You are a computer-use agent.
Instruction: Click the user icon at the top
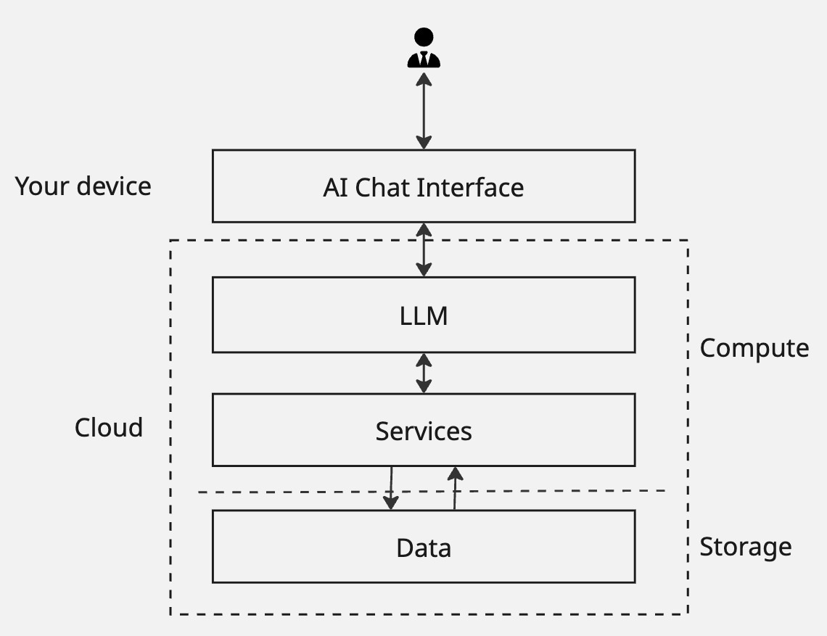pos(424,49)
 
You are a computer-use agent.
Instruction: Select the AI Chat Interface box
pos(424,186)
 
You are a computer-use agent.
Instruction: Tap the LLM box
pos(424,315)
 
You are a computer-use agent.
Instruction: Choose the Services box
pos(424,431)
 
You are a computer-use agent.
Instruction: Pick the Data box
pos(424,547)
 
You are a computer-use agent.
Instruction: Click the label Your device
pos(83,186)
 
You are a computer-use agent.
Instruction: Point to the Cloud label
pos(109,427)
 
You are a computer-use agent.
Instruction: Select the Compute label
pos(754,348)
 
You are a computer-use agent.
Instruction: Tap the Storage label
pos(745,546)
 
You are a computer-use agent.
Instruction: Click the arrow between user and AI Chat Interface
pos(424,110)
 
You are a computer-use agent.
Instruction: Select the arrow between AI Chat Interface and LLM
pos(424,249)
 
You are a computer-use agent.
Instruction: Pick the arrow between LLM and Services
pos(424,373)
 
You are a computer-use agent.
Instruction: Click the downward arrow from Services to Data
pos(391,487)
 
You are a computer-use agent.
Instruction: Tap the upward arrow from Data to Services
pos(455,488)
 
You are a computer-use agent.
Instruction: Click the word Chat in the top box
pos(388,187)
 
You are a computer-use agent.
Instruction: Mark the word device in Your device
pos(114,186)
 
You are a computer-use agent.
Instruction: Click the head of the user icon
pos(424,38)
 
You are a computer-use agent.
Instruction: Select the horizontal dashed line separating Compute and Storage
pos(290,492)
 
